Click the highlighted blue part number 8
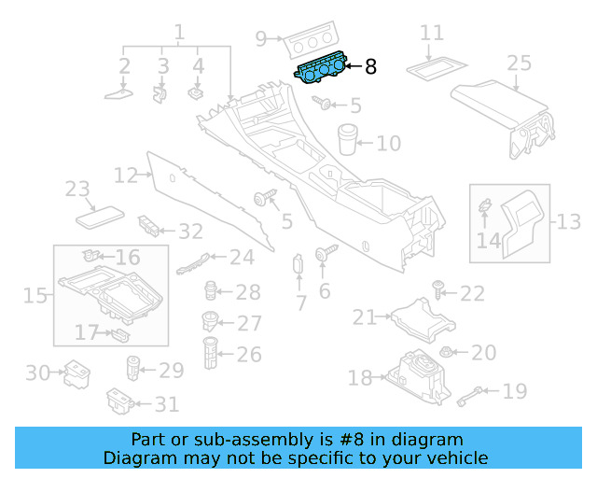(x=322, y=71)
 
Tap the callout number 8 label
(x=370, y=66)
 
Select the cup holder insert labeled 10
(x=349, y=137)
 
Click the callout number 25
(x=519, y=63)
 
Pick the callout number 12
(x=125, y=175)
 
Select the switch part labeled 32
(x=149, y=225)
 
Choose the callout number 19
(x=515, y=391)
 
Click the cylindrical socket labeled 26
(x=211, y=353)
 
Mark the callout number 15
(x=35, y=296)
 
